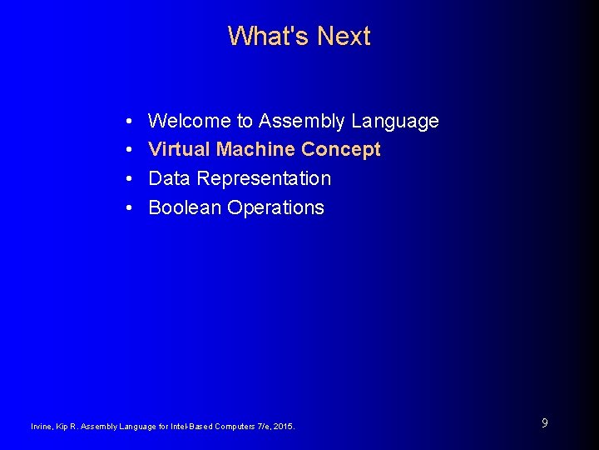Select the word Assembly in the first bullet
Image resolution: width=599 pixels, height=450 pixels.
(301, 122)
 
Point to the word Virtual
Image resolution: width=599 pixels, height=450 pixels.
(179, 150)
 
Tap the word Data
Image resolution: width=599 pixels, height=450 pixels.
(169, 179)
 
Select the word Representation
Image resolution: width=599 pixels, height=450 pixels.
(264, 179)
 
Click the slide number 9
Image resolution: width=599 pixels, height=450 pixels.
(544, 423)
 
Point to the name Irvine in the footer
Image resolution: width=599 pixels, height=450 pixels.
(41, 427)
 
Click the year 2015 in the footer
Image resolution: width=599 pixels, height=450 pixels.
(284, 427)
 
